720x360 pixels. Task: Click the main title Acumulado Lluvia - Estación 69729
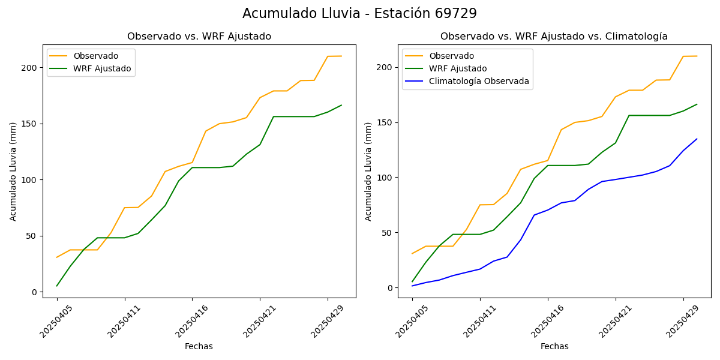(359, 14)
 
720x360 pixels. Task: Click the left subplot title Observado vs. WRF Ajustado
(199, 37)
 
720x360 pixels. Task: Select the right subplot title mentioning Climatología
(554, 37)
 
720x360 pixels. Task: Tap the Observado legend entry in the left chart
(96, 56)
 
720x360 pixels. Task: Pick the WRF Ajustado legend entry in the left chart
(102, 68)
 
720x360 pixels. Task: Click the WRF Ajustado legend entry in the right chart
(457, 68)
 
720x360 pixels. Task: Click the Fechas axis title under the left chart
(199, 346)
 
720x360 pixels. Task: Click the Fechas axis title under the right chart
(554, 346)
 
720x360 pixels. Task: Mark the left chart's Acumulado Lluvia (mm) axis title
(13, 171)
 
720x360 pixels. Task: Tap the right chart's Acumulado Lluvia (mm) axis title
(368, 171)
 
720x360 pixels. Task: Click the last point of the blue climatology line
(697, 139)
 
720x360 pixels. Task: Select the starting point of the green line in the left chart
(57, 286)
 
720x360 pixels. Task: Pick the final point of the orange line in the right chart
(697, 56)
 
